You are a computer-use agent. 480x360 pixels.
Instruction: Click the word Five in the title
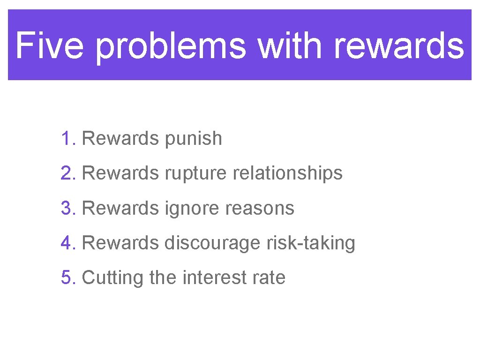[x=51, y=45]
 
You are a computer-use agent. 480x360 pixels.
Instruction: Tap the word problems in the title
[x=171, y=46]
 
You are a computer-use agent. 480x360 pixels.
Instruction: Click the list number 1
[x=67, y=139]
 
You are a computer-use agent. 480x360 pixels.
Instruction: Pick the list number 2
[x=67, y=173]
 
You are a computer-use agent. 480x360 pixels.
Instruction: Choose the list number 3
[x=67, y=208]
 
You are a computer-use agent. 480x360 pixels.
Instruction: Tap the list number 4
[x=67, y=243]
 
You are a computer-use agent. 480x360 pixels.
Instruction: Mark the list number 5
[x=67, y=277]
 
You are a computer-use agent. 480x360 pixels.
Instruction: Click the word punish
[x=193, y=139]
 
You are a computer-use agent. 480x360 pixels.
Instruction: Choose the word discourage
[x=212, y=244]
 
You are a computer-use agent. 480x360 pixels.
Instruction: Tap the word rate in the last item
[x=268, y=278]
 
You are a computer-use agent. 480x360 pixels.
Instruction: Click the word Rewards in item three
[x=120, y=208]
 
